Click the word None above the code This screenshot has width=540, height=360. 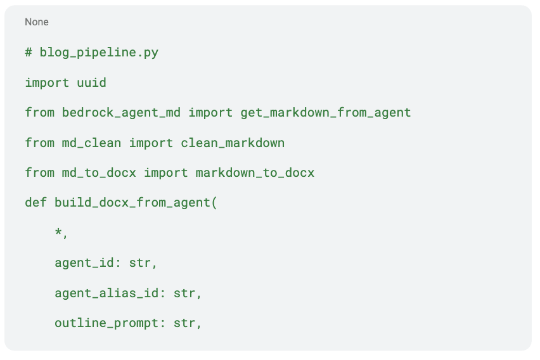[37, 22]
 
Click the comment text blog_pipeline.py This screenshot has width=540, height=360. [99, 53]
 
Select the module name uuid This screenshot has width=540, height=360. [92, 82]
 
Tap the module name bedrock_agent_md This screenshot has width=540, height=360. [121, 113]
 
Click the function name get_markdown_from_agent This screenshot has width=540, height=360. [326, 113]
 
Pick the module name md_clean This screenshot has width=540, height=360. [92, 143]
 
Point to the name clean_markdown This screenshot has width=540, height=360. [233, 143]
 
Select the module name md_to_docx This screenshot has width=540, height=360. [99, 173]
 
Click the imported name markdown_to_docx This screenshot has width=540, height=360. [255, 173]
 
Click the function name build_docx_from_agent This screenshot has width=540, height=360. [132, 203]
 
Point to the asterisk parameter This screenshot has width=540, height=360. [58, 233]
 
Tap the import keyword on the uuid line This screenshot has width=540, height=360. [47, 82]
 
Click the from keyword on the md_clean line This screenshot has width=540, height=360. [40, 143]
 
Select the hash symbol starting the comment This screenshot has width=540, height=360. [29, 53]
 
